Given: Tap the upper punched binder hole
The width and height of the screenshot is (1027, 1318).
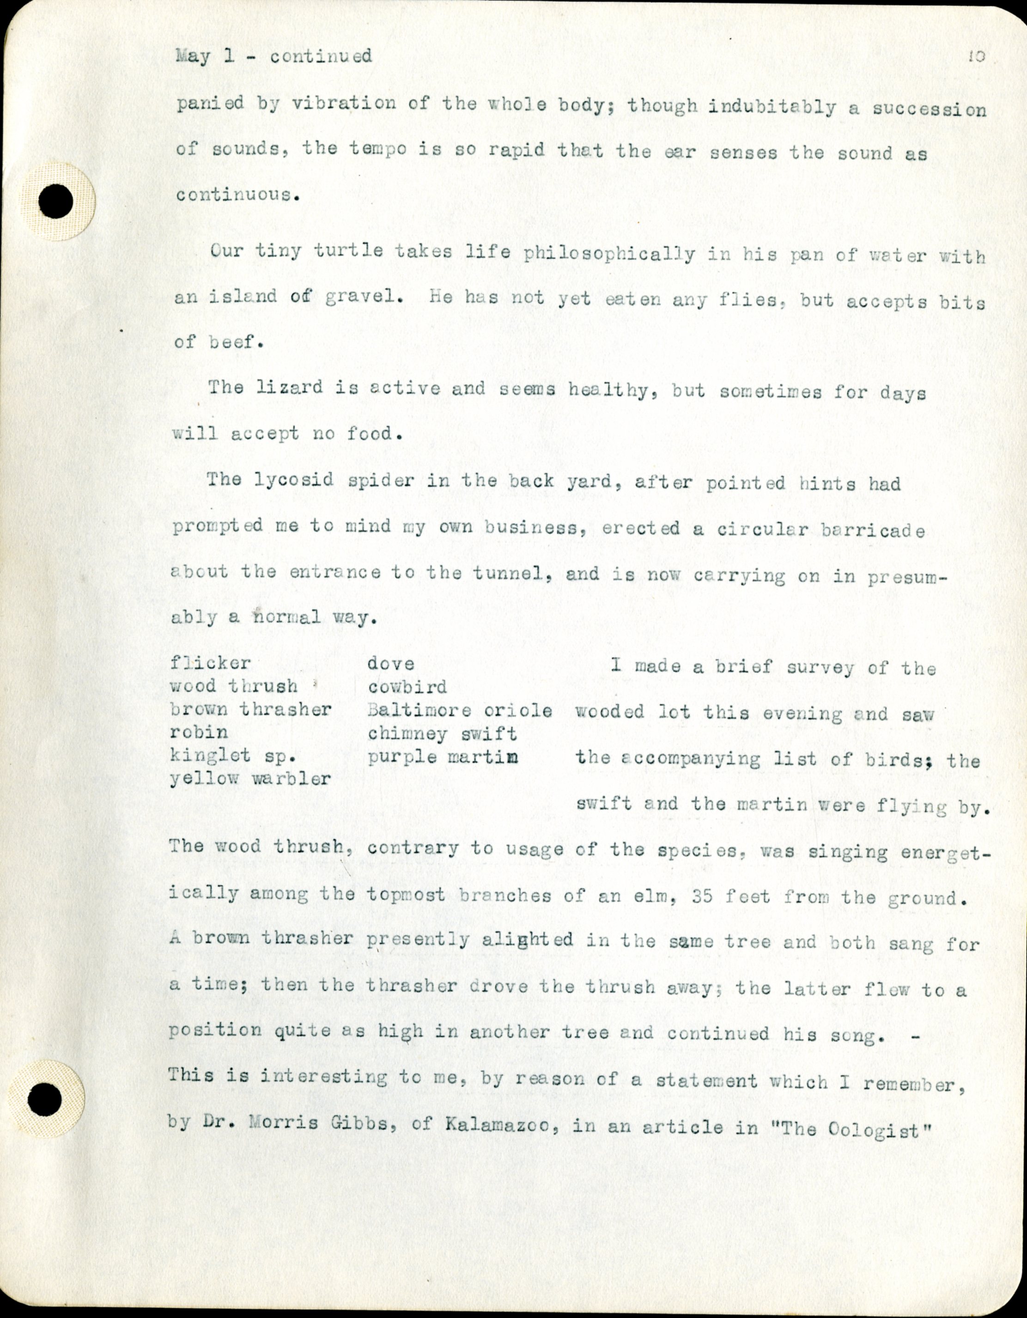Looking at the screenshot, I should tap(56, 201).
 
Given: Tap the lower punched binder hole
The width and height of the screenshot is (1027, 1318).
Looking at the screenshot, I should tap(45, 1099).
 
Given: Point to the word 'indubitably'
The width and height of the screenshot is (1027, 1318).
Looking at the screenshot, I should tap(772, 107).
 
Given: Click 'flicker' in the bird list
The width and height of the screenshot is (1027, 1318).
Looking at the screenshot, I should tap(210, 663).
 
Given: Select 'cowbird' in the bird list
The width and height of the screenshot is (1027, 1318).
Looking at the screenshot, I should tap(407, 687).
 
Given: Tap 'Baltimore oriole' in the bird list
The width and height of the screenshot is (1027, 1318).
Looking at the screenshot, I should tap(459, 710).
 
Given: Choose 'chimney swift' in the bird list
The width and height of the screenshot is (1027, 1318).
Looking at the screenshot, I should tap(442, 734).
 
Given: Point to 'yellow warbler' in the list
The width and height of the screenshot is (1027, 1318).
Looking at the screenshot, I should tap(250, 779).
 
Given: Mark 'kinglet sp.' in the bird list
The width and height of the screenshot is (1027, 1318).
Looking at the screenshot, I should tap(228, 756).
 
